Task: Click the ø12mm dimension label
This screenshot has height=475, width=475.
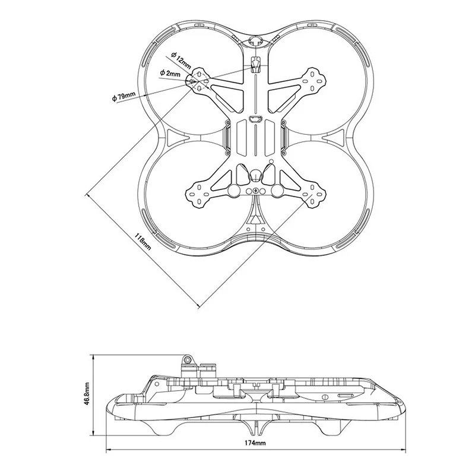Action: pyautogui.click(x=181, y=60)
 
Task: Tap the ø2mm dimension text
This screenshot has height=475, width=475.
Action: pyautogui.click(x=170, y=73)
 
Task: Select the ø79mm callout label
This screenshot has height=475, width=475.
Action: pyautogui.click(x=123, y=97)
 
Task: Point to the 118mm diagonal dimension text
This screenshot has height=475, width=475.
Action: pyautogui.click(x=142, y=242)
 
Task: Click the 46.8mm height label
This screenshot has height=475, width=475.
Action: pyautogui.click(x=87, y=394)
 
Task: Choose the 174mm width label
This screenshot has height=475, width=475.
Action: pyautogui.click(x=255, y=442)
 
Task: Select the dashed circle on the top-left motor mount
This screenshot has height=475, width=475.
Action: pyautogui.click(x=199, y=81)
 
